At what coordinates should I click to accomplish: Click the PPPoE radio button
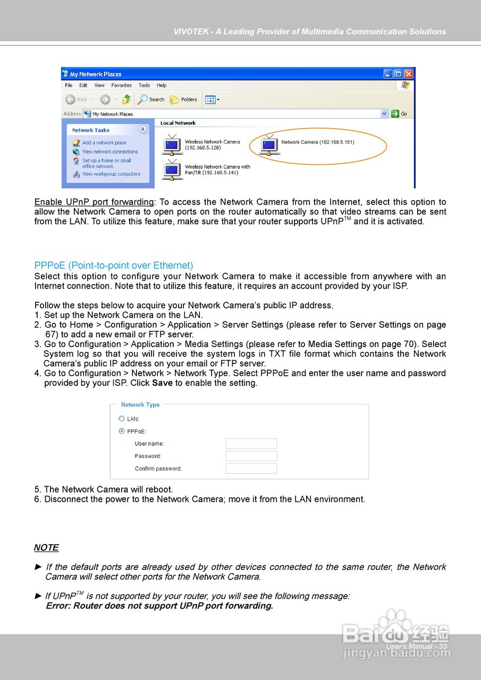[122, 431]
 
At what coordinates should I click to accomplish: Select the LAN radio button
[122, 419]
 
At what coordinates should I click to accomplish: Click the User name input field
[251, 444]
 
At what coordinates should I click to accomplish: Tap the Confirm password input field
[251, 469]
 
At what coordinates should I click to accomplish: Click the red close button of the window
[408, 74]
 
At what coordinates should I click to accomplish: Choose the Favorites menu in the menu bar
[121, 85]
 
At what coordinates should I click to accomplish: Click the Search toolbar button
[151, 99]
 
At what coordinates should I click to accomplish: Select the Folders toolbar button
[183, 99]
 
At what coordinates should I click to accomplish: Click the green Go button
[399, 114]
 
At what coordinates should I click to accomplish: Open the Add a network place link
[104, 142]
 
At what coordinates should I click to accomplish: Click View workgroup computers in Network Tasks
[111, 174]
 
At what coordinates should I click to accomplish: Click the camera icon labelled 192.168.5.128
[172, 145]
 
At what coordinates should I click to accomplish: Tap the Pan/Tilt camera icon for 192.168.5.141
[172, 169]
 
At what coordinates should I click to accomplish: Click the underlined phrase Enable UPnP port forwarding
[94, 202]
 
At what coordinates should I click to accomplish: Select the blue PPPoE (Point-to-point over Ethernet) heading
[114, 265]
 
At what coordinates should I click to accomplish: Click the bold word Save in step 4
[162, 383]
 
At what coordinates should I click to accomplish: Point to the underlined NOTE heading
[46, 548]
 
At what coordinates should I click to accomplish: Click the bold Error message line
[159, 606]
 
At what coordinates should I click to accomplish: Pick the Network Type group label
[140, 405]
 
